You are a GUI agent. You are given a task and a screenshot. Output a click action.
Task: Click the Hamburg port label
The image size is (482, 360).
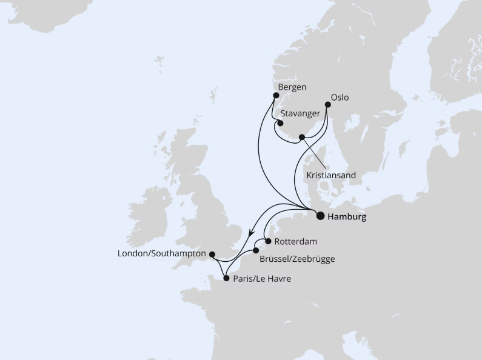(347, 216)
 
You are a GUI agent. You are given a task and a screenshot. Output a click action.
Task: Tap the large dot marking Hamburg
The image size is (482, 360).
(320, 214)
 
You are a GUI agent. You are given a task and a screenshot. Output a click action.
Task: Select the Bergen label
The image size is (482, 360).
(292, 87)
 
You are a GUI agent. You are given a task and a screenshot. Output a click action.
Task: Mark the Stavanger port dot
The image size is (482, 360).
(280, 122)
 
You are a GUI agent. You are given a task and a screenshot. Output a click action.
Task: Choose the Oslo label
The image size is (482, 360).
(340, 97)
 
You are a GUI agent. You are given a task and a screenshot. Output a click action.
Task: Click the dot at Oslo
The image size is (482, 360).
(327, 105)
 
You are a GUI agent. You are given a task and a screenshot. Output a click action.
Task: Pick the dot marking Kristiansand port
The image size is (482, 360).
(301, 138)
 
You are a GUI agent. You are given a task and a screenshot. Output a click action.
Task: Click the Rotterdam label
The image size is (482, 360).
(296, 241)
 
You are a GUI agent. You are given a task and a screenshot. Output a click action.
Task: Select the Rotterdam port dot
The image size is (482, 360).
(268, 241)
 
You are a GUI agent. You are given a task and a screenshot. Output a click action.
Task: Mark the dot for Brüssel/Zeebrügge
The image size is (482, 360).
(256, 250)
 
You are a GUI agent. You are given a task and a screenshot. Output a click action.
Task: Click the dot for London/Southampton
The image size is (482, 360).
(212, 254)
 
